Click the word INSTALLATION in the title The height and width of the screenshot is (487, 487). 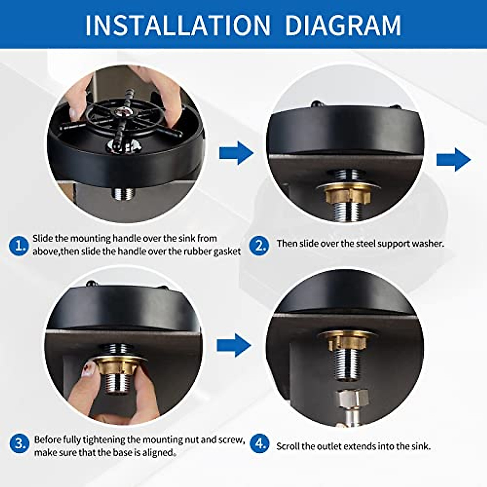[178, 26]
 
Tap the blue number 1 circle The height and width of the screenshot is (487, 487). [19, 246]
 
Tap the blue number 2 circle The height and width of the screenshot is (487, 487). [259, 246]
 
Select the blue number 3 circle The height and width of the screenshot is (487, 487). [19, 444]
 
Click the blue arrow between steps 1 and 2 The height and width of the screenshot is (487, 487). [236, 153]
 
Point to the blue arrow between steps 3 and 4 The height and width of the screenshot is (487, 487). [234, 345]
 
